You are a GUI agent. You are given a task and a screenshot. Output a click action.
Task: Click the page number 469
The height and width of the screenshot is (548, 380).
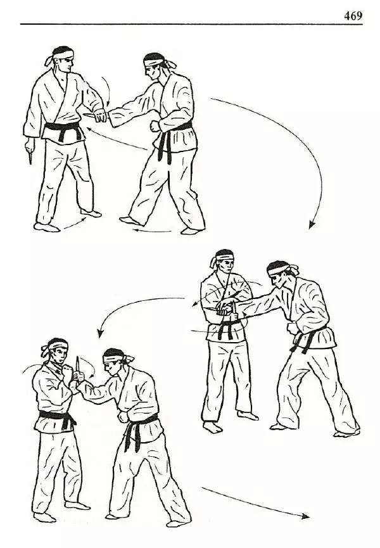353,16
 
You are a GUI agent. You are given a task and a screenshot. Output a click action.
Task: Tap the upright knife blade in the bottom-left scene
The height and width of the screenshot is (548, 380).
77,364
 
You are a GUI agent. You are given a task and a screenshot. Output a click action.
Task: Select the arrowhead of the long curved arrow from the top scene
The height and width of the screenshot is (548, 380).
312,225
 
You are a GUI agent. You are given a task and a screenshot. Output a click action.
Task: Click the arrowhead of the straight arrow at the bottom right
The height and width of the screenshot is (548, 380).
305,516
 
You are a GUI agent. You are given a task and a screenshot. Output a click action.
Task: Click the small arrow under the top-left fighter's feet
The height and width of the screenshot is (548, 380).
74,224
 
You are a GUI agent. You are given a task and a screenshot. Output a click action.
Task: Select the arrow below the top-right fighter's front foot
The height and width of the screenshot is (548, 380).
152,231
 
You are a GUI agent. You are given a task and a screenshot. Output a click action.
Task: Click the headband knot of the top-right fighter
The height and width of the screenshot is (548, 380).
169,64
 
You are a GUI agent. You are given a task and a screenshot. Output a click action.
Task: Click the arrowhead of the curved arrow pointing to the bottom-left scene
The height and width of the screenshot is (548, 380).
101,333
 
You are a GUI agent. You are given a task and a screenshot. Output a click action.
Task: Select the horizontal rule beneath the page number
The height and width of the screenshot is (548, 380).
191,24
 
